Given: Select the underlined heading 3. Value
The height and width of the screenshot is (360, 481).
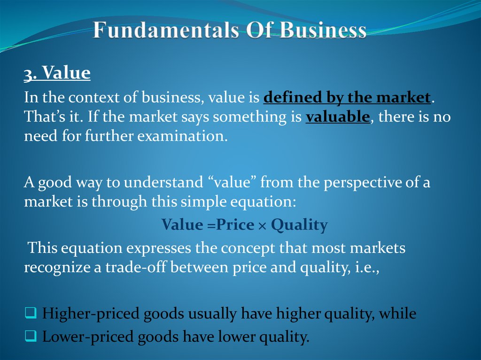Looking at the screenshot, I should [57, 73].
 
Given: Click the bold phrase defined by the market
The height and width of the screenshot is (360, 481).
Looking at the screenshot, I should [347, 98].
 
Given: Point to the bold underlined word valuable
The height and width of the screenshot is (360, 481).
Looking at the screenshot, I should [338, 117].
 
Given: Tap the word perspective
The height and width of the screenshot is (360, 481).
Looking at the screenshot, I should [359, 183].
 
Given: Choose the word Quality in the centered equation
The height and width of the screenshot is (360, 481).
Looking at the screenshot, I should [299, 226].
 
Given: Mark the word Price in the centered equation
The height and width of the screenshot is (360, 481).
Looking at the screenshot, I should [236, 226].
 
